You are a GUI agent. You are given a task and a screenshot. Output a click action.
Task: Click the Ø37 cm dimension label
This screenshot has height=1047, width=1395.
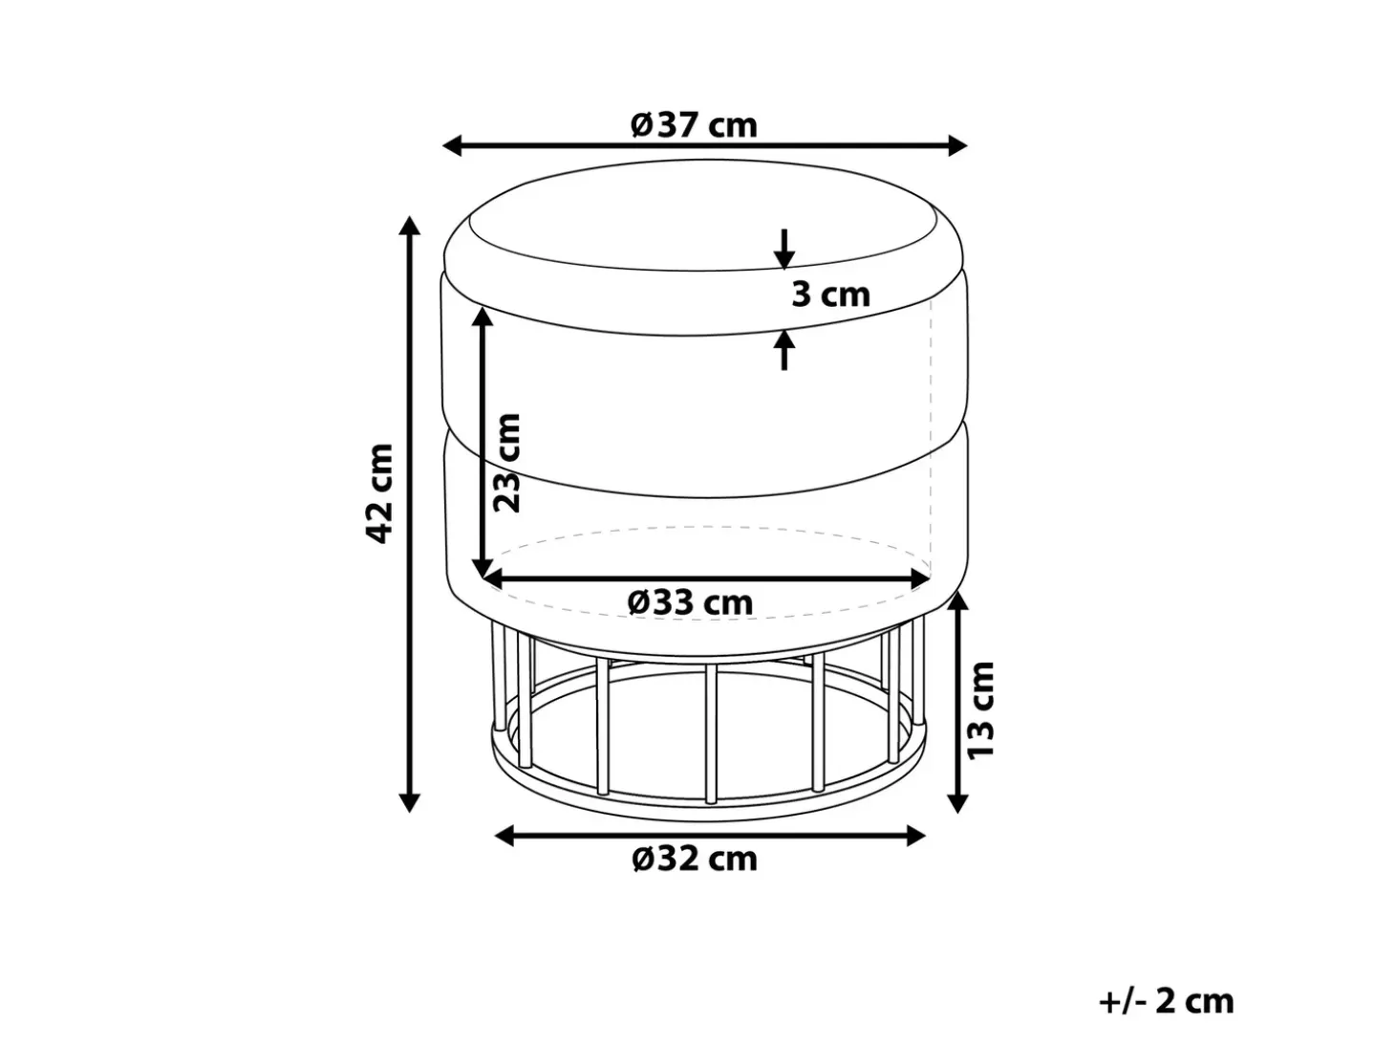click(x=694, y=125)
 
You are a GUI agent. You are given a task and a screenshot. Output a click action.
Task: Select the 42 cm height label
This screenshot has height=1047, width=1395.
click(x=380, y=494)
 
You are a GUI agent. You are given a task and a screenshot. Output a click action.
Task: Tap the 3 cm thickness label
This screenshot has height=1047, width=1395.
click(x=830, y=294)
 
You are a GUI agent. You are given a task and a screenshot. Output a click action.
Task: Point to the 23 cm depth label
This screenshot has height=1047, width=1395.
click(x=507, y=463)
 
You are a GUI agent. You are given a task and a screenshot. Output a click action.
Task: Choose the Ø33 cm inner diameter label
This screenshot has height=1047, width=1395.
click(x=690, y=602)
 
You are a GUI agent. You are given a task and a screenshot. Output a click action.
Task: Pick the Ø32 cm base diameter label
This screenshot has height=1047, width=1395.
click(x=695, y=859)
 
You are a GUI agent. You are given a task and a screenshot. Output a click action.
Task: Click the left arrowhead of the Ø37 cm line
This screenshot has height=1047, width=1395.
click(x=452, y=145)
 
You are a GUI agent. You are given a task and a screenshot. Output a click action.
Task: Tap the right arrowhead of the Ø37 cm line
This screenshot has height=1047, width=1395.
click(x=957, y=145)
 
